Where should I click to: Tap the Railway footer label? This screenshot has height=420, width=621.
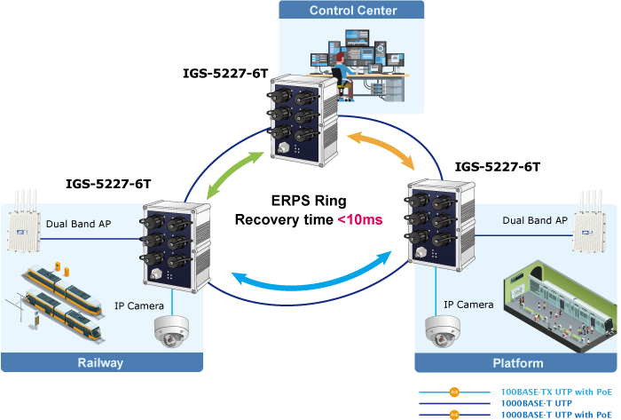coord(101,362)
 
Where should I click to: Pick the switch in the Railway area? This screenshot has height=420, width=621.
coord(176,243)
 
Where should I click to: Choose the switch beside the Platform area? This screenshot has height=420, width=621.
coord(440,222)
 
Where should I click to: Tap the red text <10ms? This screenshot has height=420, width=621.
coord(358,218)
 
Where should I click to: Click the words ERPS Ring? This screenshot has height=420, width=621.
coord(309,201)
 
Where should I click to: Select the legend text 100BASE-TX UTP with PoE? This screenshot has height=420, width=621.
coord(556,392)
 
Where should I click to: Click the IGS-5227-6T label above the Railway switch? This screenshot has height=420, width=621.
coord(108,184)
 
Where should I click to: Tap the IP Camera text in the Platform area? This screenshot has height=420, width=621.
coord(468,305)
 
